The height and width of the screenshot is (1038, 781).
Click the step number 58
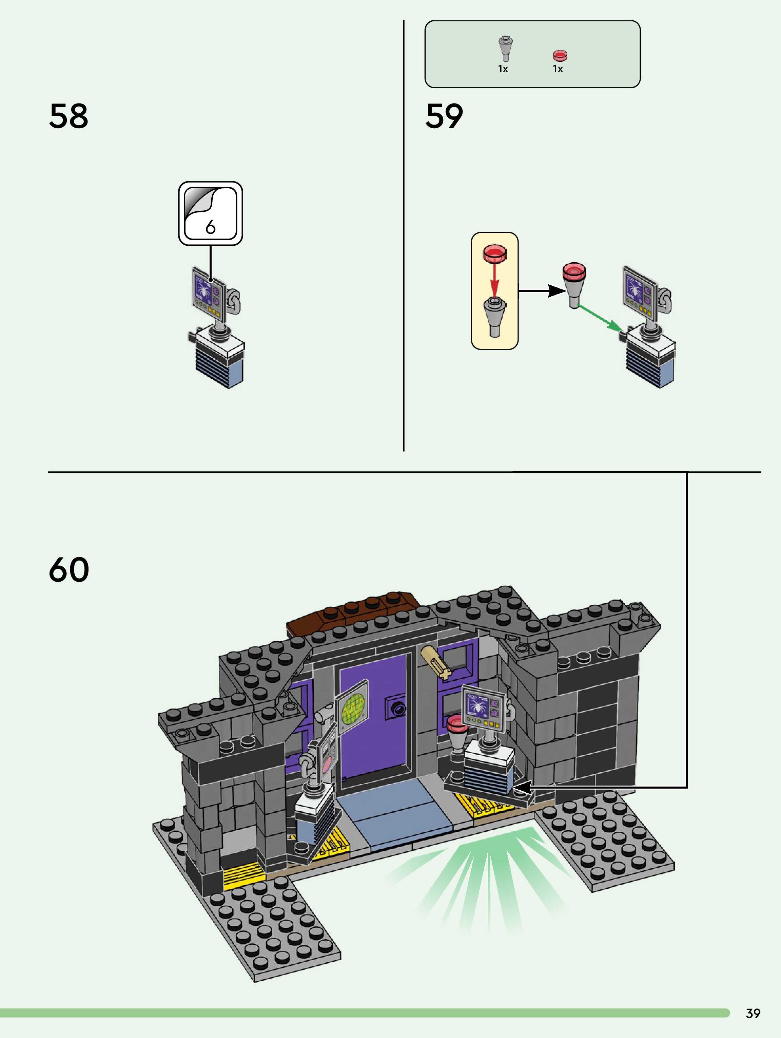[69, 116]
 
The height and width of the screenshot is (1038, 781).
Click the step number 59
[444, 116]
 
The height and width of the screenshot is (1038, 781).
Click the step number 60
[69, 570]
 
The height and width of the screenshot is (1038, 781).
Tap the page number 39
[753, 1013]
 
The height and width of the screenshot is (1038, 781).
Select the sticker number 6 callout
[211, 213]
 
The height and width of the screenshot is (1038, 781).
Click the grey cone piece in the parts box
[505, 48]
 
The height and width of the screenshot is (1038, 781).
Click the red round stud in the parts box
[560, 56]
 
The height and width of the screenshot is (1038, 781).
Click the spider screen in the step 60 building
[484, 708]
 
